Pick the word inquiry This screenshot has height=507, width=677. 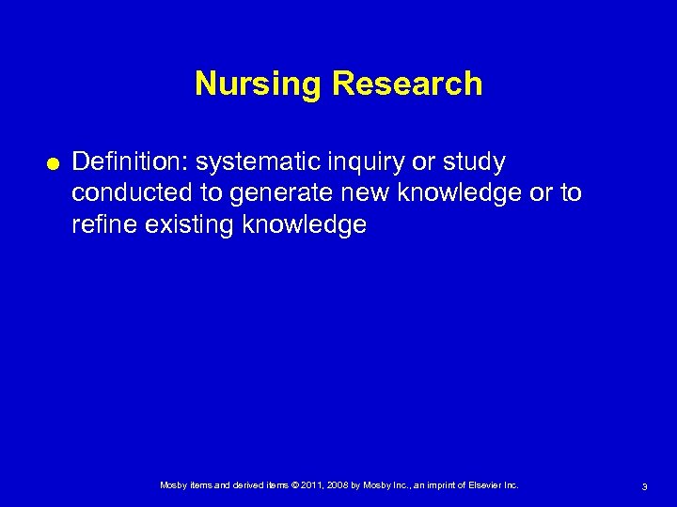tap(358, 162)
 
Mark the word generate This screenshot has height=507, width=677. tap(273, 193)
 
